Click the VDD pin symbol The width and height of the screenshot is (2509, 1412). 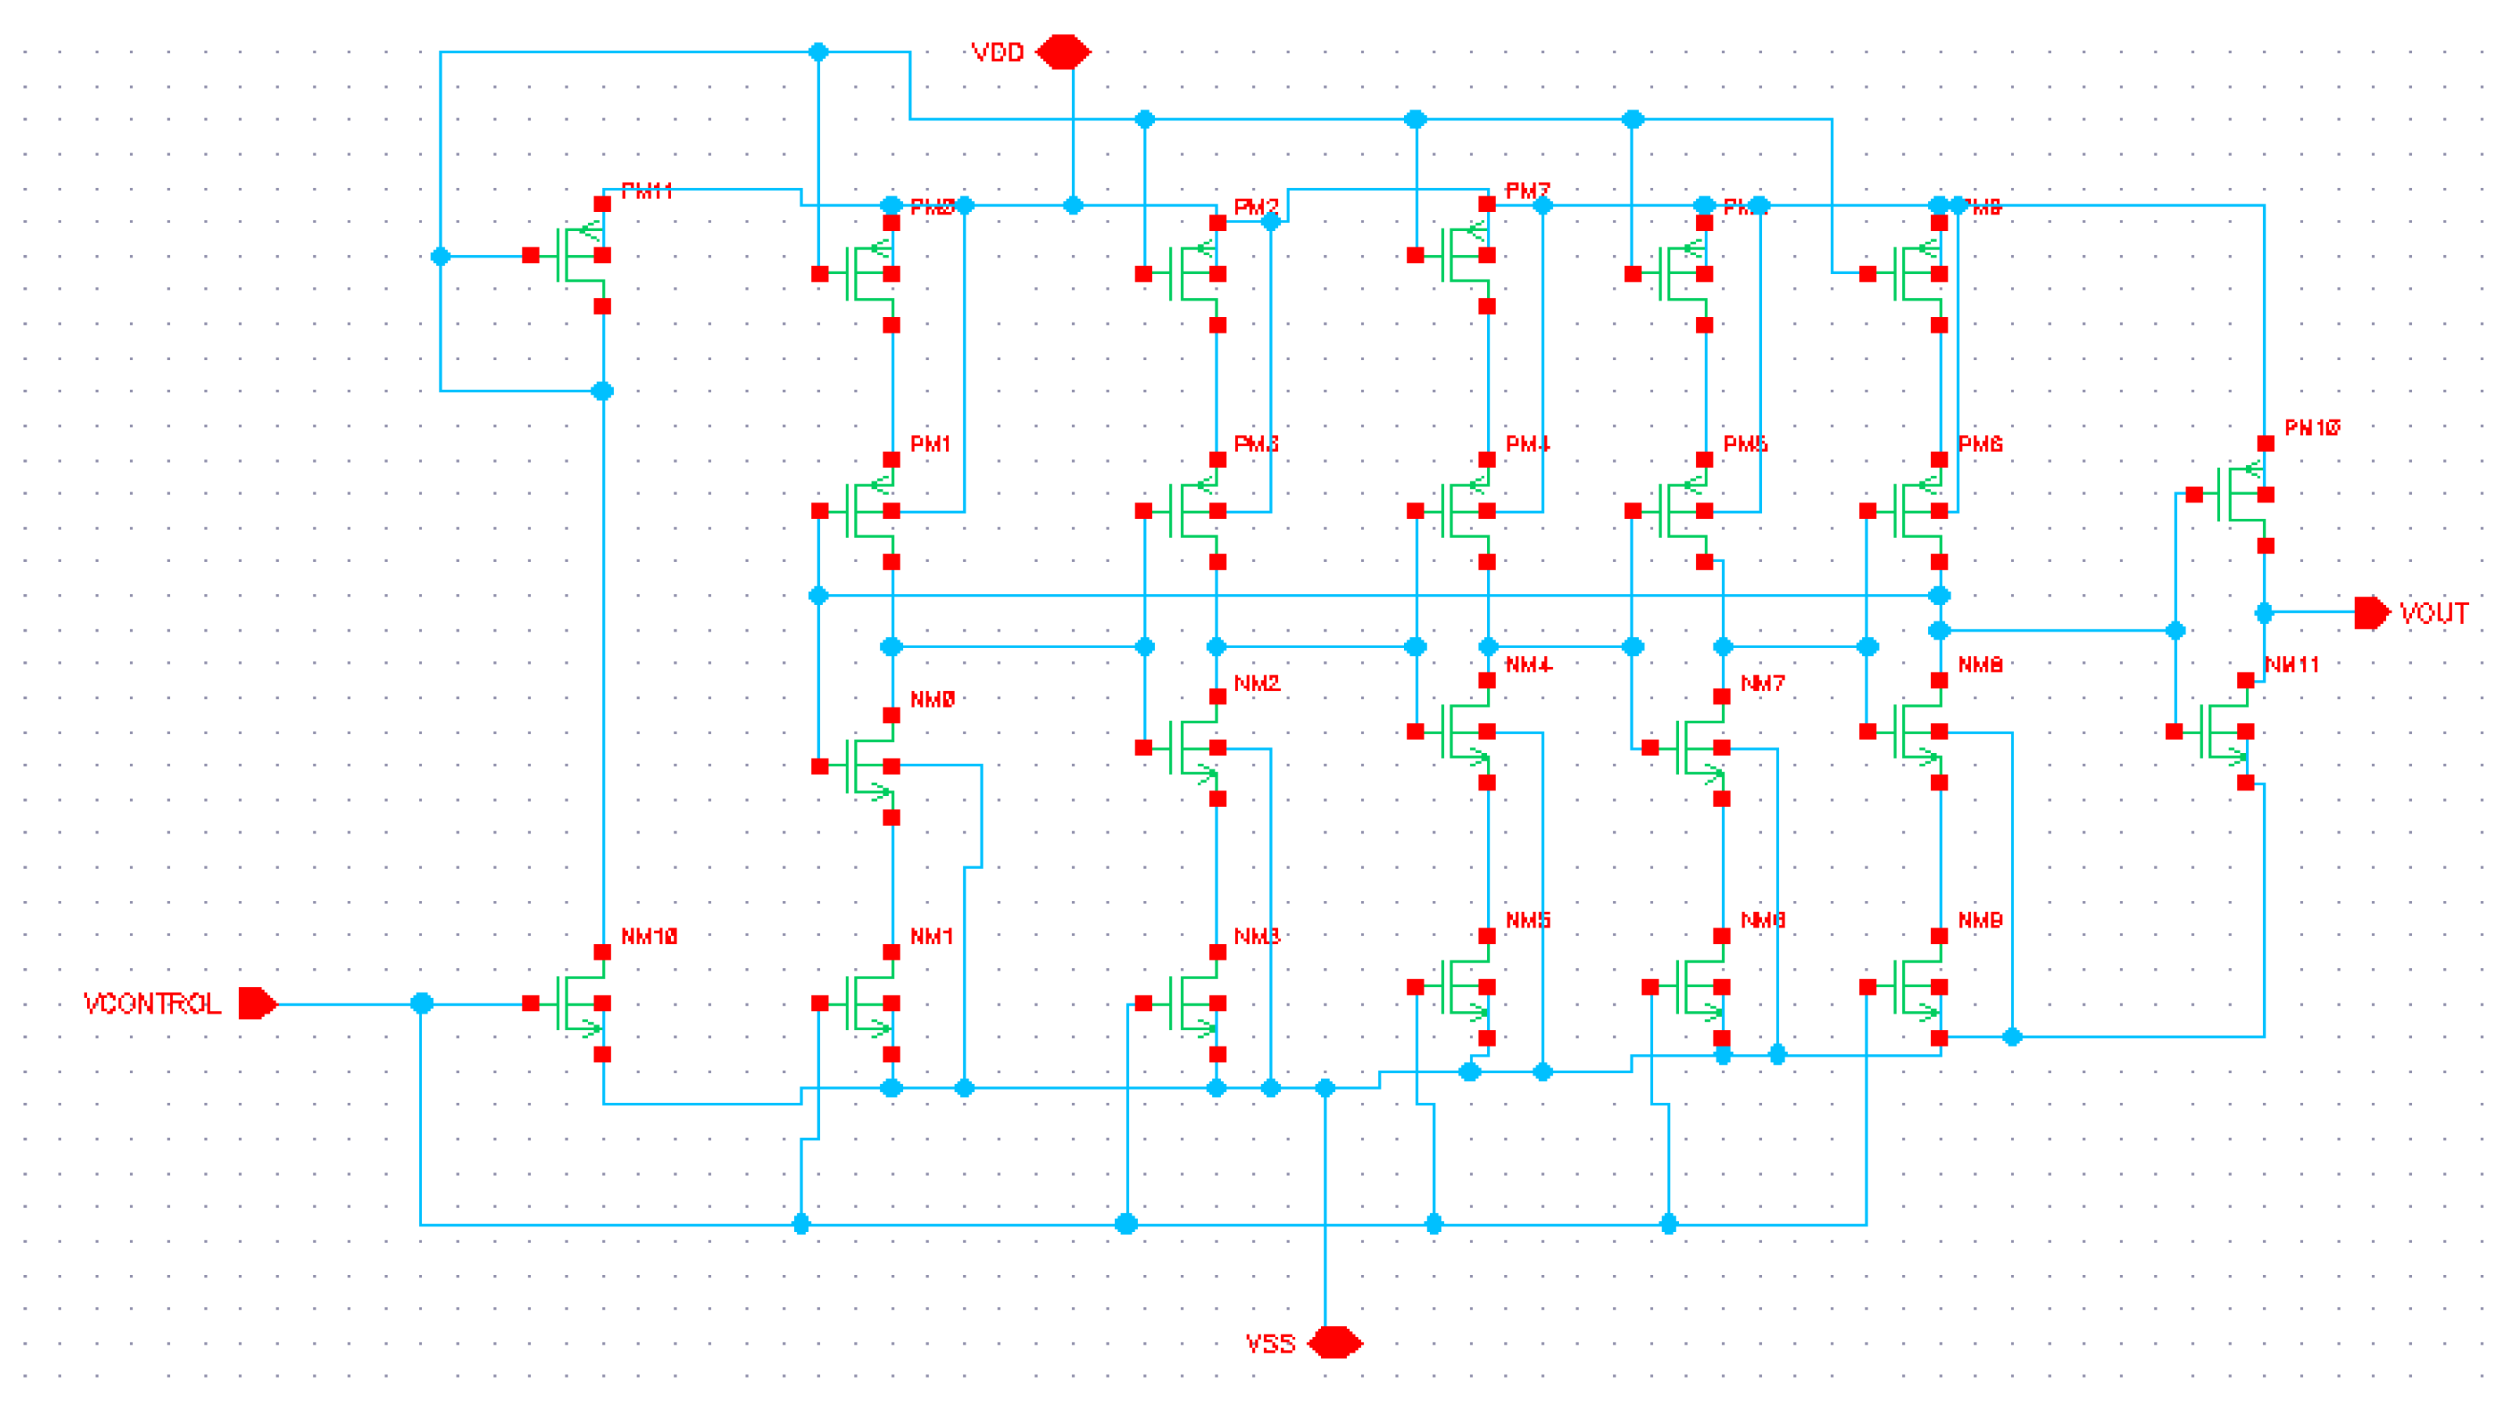point(1063,52)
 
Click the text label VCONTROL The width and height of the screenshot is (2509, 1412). point(152,1004)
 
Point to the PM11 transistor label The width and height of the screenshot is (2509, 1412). point(647,191)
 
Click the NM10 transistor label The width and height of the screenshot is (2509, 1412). point(648,937)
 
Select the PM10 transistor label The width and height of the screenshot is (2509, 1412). point(2312,427)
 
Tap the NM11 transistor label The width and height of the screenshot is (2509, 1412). point(2292,665)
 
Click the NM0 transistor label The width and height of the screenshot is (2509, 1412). point(932,699)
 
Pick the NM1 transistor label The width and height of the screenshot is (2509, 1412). point(931,937)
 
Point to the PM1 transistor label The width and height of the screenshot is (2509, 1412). point(930,444)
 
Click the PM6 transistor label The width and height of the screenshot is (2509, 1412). point(1980,444)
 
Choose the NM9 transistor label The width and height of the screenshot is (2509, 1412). point(1980,920)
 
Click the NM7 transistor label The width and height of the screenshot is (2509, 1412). point(1762,683)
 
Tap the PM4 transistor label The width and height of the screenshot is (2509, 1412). point(1527,444)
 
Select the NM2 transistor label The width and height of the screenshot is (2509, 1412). point(1256,683)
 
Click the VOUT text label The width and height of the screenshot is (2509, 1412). point(2434,614)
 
